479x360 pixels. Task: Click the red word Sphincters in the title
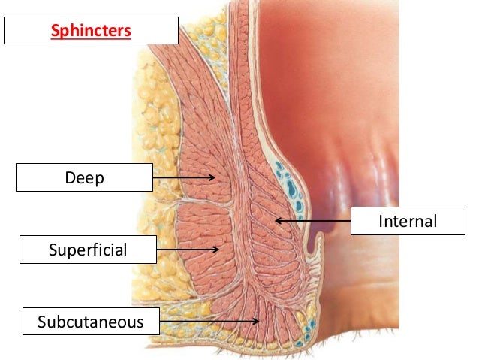(x=90, y=32)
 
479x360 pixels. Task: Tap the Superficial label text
(x=88, y=250)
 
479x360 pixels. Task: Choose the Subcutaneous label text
(x=92, y=322)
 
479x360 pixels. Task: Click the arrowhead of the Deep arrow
(x=214, y=178)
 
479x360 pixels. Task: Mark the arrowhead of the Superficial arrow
(x=217, y=250)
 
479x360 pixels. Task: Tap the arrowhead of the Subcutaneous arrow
(x=258, y=322)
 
